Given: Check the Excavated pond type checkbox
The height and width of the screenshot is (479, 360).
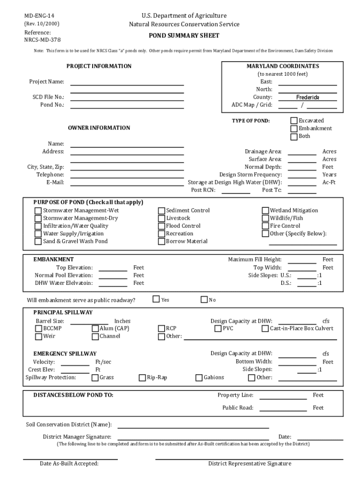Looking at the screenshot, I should (294, 121).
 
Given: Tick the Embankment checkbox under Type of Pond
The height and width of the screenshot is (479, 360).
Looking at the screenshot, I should (294, 129).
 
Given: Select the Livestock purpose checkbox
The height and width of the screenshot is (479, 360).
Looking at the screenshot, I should (162, 218).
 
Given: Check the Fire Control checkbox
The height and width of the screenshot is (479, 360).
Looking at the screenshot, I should (266, 226).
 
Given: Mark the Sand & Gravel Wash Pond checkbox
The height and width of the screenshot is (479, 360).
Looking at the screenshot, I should (38, 241).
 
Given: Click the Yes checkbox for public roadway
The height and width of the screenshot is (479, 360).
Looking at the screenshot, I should (157, 299).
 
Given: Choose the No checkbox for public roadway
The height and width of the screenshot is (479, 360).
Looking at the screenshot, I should (204, 299).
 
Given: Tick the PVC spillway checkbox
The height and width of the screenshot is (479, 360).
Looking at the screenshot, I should (218, 328).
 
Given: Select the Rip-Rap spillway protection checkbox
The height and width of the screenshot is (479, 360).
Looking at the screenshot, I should (143, 377).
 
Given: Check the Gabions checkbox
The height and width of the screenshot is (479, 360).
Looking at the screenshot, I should (199, 377).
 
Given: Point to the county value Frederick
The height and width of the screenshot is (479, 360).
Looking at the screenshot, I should (308, 97).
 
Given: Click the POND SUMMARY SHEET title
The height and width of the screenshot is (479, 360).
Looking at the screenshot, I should (184, 36).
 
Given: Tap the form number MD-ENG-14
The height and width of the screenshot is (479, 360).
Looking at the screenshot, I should (40, 16).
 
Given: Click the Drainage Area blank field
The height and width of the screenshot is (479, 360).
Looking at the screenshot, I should (302, 152).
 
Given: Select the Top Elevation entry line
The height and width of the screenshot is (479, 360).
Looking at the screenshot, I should (113, 269).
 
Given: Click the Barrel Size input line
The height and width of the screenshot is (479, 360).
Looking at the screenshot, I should (89, 322).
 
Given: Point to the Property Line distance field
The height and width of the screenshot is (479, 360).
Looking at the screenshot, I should (283, 396).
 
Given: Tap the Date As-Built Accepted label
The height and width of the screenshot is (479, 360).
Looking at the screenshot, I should (69, 464).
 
